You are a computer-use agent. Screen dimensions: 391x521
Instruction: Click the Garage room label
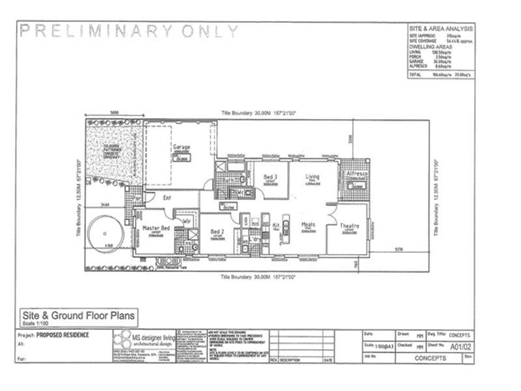(182, 147)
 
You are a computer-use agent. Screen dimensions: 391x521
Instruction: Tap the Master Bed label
(156, 227)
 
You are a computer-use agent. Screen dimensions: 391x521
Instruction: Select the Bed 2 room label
(218, 231)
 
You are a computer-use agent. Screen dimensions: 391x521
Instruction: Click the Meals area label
(308, 224)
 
